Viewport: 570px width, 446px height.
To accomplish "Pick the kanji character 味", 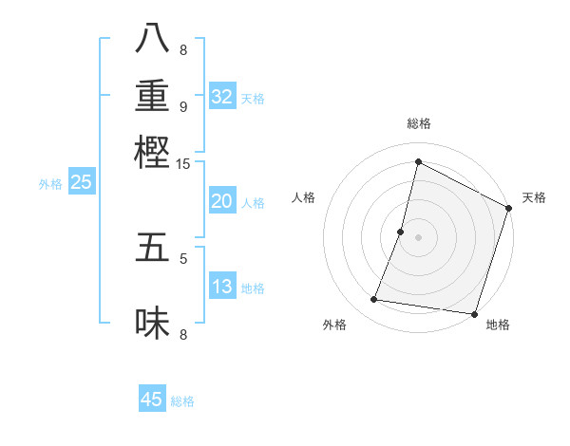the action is point(152,325).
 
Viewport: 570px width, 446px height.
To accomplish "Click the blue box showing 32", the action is point(222,97).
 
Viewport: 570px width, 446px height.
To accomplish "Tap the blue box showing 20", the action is point(222,201).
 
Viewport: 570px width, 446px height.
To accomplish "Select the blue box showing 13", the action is point(222,288).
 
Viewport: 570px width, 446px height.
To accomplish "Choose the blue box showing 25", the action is point(82,183).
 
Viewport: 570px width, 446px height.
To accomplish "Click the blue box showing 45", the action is point(152,400).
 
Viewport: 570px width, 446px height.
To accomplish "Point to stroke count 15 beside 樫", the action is point(183,164).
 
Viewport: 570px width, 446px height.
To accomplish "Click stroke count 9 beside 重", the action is point(183,107).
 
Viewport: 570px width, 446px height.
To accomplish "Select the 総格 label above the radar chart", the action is point(418,124).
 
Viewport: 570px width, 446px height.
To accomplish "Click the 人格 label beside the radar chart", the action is point(304,197).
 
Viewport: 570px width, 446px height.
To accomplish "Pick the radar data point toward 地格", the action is point(473,313).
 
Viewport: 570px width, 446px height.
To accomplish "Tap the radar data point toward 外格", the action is point(374,300).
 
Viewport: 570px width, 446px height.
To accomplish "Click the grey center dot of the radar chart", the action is point(418,236).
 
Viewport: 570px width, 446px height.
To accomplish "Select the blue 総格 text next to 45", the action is point(182,401).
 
